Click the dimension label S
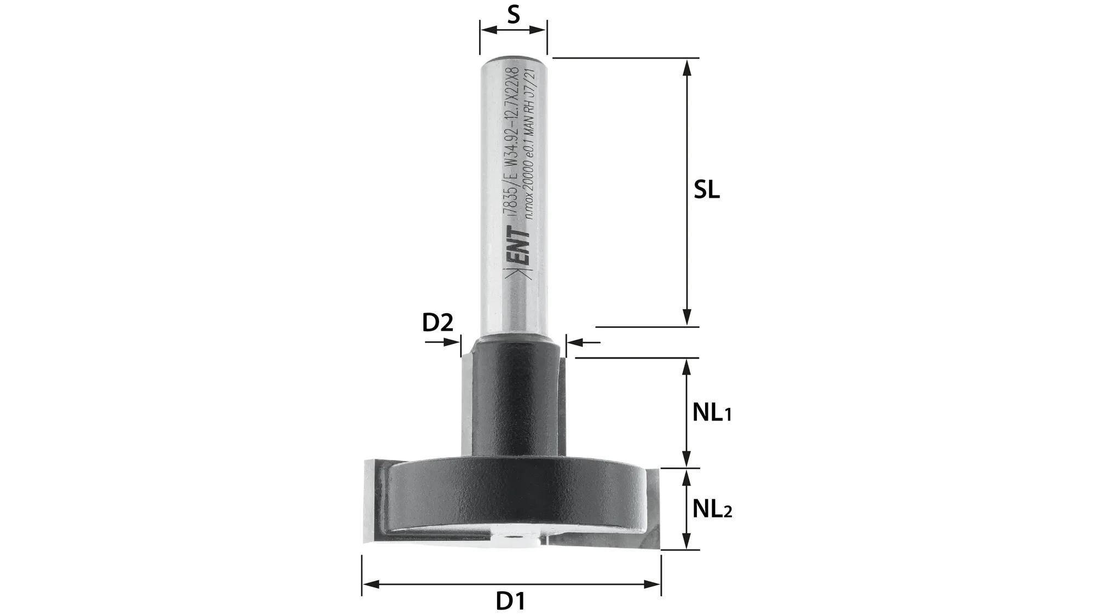(513, 15)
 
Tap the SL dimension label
(706, 190)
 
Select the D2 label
(437, 323)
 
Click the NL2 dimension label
(711, 509)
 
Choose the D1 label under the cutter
(510, 602)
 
